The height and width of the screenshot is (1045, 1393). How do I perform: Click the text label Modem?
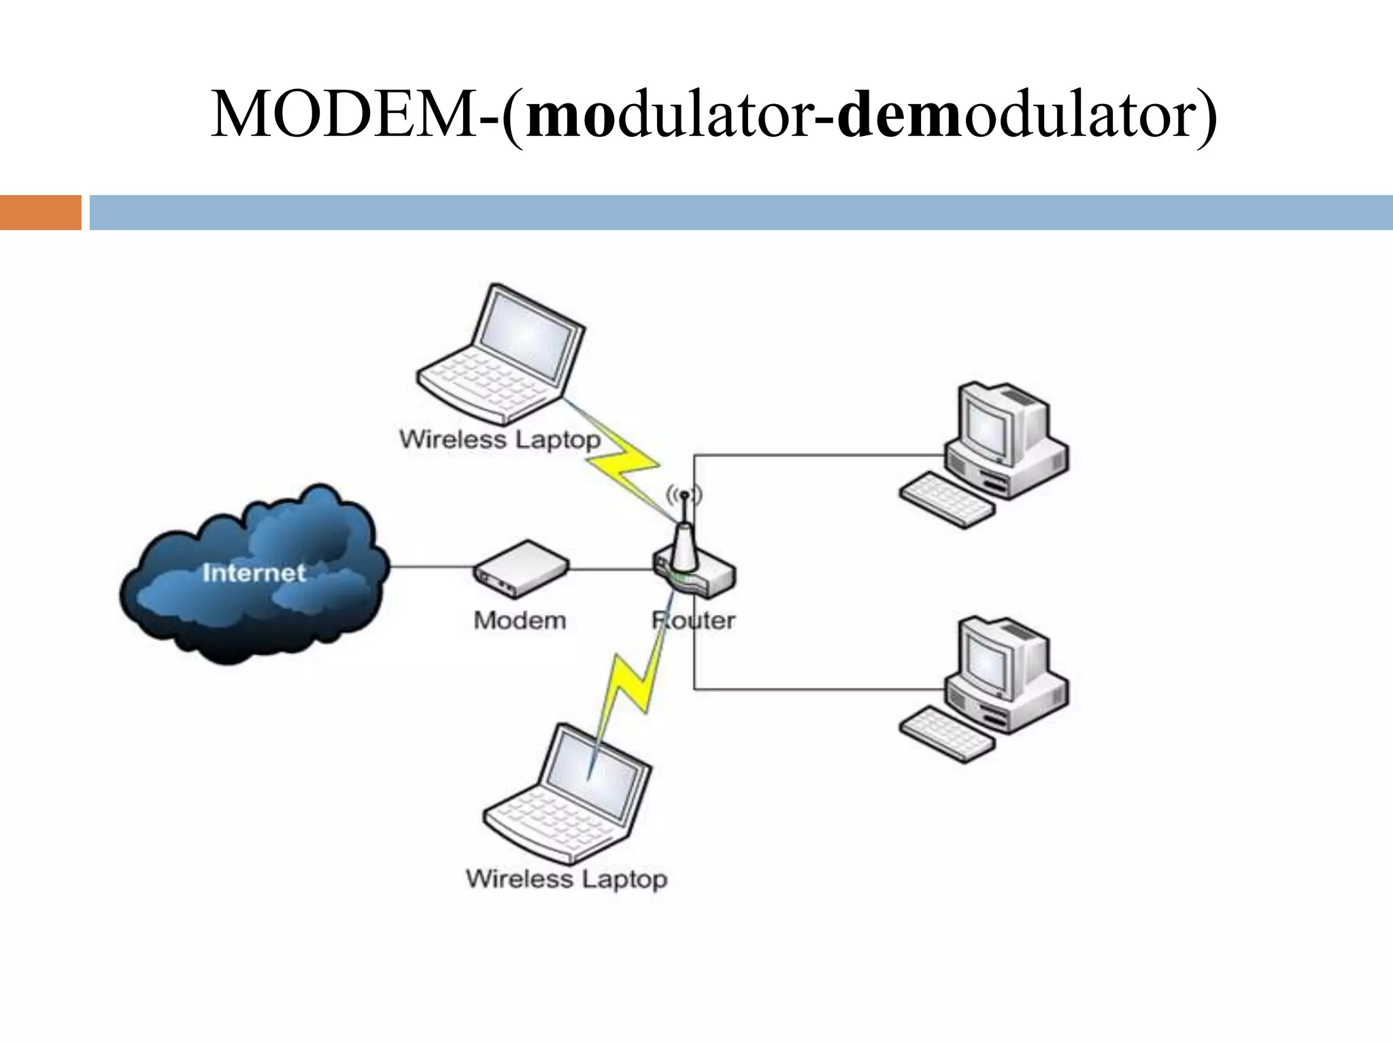click(520, 620)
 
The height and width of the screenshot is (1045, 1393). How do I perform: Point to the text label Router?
click(694, 620)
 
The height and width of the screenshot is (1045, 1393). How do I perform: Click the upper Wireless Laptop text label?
click(500, 439)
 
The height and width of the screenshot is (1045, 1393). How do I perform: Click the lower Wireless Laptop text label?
click(566, 878)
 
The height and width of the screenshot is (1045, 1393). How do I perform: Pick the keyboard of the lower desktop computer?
click(945, 735)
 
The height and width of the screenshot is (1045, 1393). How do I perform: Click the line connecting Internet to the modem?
click(432, 567)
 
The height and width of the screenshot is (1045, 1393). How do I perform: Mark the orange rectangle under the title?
click(40, 212)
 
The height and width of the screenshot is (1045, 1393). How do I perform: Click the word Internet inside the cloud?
click(253, 573)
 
